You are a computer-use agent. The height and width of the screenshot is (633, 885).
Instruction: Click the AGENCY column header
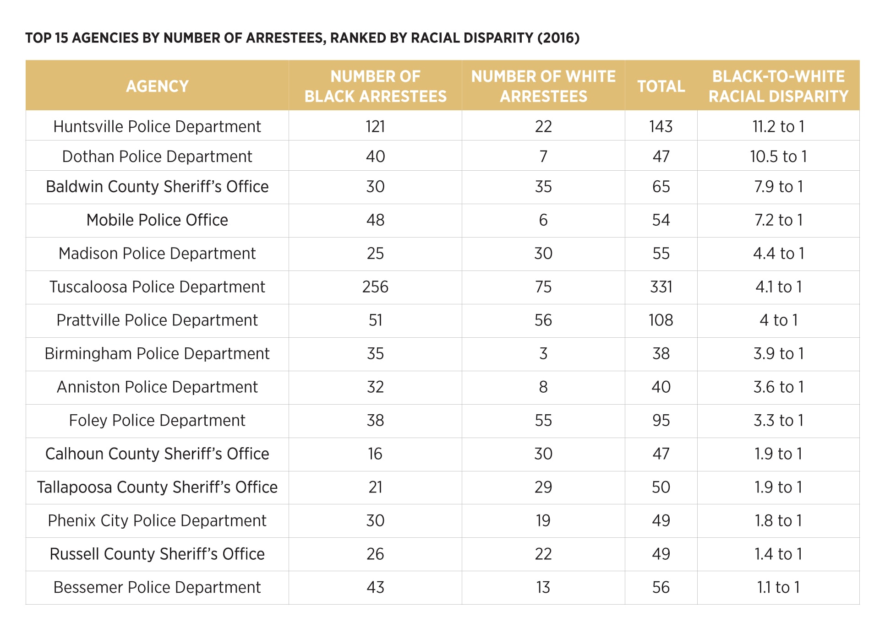point(157,86)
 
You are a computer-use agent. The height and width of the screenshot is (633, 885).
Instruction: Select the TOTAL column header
point(661,86)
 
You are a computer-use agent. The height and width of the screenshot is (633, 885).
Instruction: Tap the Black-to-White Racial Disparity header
point(778,86)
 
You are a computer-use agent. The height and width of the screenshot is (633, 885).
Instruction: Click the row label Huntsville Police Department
point(157,126)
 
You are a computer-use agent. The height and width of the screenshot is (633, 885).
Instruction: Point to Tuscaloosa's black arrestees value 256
point(375,287)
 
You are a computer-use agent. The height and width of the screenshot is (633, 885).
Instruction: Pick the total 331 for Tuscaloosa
point(661,287)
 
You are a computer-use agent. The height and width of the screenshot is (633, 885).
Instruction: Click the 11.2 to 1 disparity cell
point(778,126)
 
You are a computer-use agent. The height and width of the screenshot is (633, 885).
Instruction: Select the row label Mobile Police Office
point(157,220)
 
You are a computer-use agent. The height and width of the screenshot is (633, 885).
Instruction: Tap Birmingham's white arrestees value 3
point(543,354)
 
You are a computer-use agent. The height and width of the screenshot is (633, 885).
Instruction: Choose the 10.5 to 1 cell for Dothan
point(778,157)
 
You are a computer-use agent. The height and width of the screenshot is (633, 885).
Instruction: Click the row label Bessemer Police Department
point(157,588)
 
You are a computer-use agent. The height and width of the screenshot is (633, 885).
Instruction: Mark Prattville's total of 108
point(661,320)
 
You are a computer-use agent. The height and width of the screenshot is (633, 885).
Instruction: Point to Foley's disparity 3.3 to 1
point(778,421)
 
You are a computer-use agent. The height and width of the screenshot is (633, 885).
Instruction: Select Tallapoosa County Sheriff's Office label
point(157,487)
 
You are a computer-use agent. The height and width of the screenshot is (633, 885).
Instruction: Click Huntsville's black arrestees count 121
point(375,126)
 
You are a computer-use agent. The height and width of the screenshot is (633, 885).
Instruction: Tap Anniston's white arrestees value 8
point(543,387)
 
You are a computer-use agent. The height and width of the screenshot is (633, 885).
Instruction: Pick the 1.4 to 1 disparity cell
point(778,554)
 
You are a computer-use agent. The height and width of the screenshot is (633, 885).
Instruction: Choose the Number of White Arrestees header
point(543,86)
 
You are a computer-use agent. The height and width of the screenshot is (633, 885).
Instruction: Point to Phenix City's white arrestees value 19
point(543,521)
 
